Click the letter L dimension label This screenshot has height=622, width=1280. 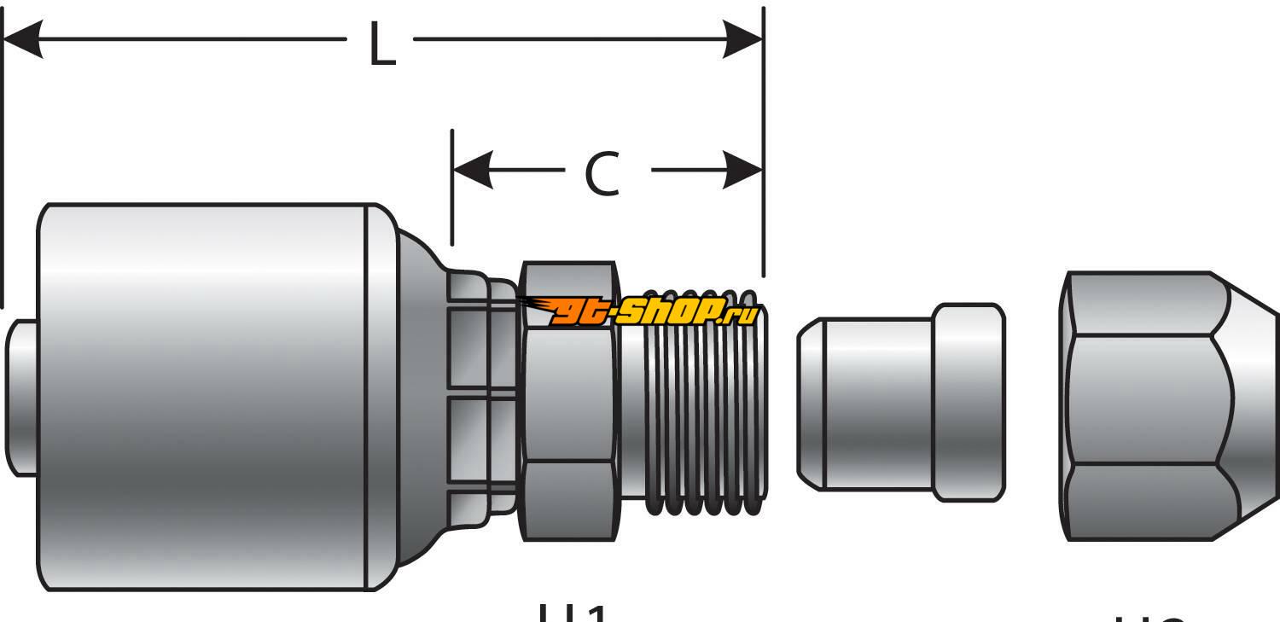(x=381, y=44)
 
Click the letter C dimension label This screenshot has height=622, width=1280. (x=602, y=173)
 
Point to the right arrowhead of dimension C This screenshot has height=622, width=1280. (x=742, y=170)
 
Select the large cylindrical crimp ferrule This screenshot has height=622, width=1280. (x=205, y=397)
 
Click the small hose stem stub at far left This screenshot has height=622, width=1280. (x=20, y=397)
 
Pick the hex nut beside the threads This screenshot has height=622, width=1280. (x=568, y=401)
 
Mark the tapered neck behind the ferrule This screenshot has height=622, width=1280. (x=422, y=401)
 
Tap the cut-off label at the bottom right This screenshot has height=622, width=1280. (x=1152, y=616)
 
